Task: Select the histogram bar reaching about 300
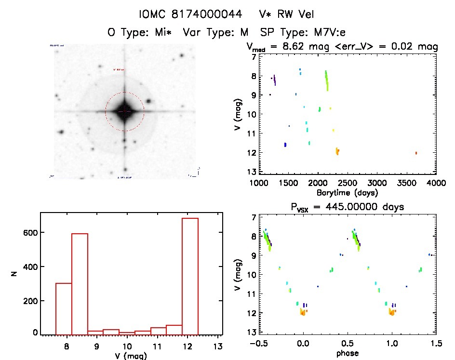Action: pyautogui.click(x=64, y=308)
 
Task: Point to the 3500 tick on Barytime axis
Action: pyautogui.click(x=407, y=183)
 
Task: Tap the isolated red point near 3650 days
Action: pyautogui.click(x=416, y=153)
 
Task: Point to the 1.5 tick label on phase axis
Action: pyautogui.click(x=435, y=344)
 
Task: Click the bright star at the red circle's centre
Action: pyautogui.click(x=124, y=111)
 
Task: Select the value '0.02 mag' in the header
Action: pyautogui.click(x=415, y=47)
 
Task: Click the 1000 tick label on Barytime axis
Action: pyautogui.click(x=259, y=183)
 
